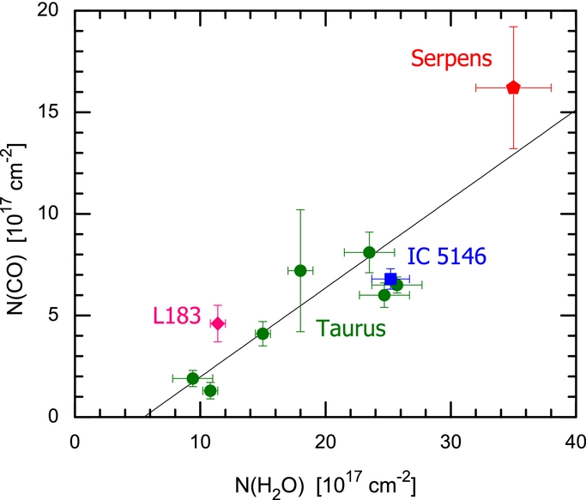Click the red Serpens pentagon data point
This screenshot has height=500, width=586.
pyautogui.click(x=513, y=87)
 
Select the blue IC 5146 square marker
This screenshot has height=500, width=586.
pyautogui.click(x=390, y=279)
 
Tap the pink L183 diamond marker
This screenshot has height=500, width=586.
pyautogui.click(x=218, y=323)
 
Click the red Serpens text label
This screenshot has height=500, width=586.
pyautogui.click(x=451, y=58)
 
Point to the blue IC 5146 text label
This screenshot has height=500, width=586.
pyautogui.click(x=446, y=256)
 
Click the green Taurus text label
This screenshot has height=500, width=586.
pyautogui.click(x=351, y=328)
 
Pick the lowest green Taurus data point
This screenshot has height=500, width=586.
pyautogui.click(x=210, y=390)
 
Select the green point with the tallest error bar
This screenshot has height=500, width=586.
pyautogui.click(x=300, y=270)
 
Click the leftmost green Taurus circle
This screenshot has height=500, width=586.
pyautogui.click(x=193, y=378)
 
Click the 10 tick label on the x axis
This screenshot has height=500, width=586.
pyautogui.click(x=200, y=440)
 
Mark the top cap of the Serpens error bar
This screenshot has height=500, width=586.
pyautogui.click(x=513, y=27)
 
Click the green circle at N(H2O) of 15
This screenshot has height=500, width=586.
pyautogui.click(x=263, y=334)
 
